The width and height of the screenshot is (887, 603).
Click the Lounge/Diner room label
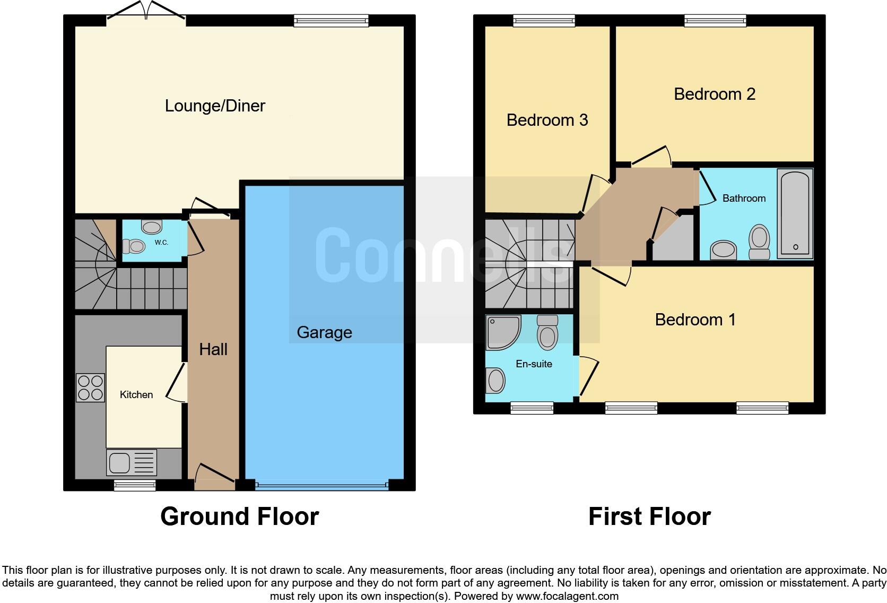click(215, 106)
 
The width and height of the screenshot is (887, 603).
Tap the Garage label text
click(324, 332)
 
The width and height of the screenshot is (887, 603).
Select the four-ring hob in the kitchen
click(90, 387)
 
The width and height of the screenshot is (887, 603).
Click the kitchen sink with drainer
click(132, 462)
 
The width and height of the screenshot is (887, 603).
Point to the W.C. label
click(161, 243)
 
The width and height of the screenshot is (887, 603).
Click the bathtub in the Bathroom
click(795, 213)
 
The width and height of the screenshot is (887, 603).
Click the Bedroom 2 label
click(714, 94)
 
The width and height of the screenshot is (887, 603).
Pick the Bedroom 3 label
click(547, 120)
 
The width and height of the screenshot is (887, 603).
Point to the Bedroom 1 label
click(695, 320)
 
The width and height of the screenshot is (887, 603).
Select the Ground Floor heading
click(239, 516)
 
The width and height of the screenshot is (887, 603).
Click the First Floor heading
click(649, 516)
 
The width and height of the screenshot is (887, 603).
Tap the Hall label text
click(213, 349)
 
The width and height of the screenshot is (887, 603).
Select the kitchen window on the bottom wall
click(135, 485)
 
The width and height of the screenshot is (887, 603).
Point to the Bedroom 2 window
click(715, 21)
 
